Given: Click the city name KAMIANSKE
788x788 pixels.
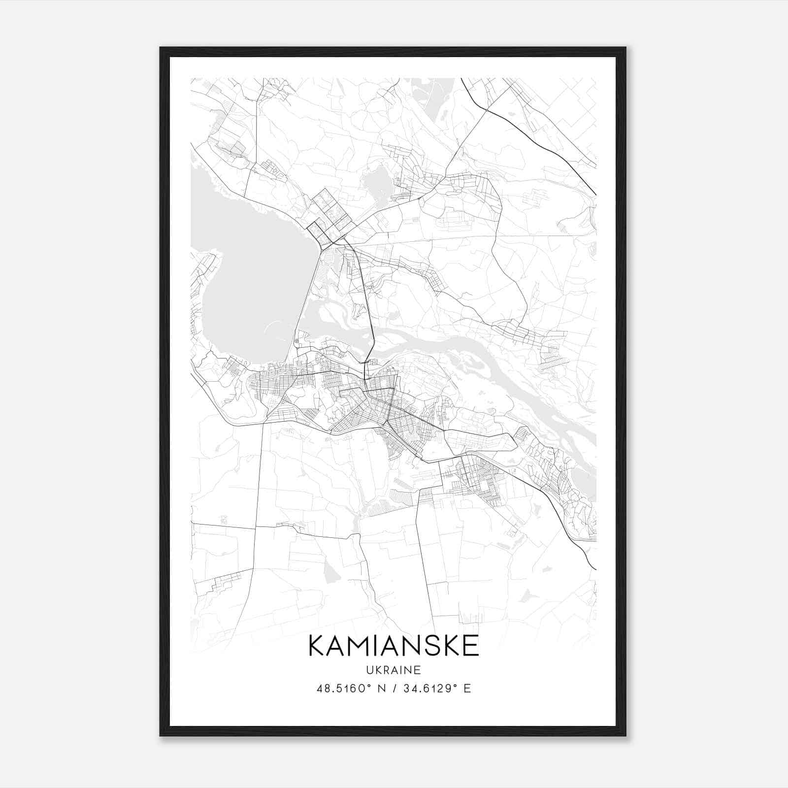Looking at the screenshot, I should [x=394, y=646].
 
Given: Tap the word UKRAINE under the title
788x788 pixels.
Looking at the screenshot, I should [x=394, y=670].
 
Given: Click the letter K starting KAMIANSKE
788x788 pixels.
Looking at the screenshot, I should [x=317, y=646].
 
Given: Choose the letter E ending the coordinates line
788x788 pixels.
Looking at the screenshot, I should [x=467, y=688].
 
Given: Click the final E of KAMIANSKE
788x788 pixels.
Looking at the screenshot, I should [x=471, y=646].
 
